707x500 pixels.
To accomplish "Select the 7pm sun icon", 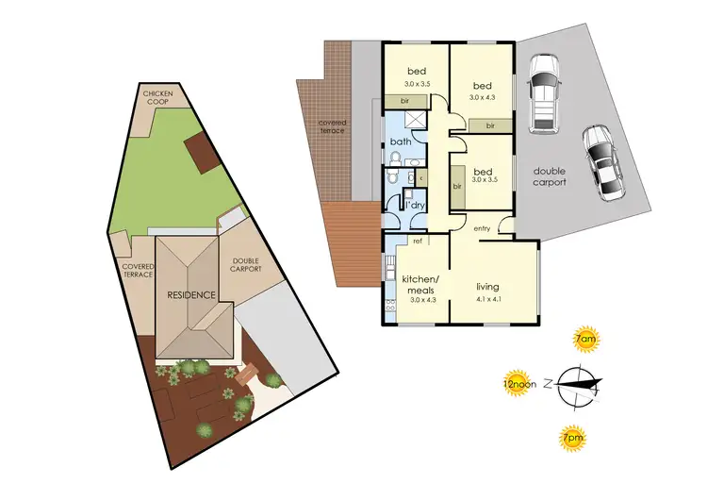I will tap(571, 437).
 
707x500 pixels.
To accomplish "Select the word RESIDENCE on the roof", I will tap(192, 295).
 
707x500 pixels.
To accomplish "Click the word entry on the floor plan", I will tap(483, 228).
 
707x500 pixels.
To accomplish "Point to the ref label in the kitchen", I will tap(417, 242).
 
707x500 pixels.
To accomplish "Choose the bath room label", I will tap(400, 143).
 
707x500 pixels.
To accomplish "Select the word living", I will tap(487, 287).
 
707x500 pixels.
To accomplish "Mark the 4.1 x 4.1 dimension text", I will tap(487, 301).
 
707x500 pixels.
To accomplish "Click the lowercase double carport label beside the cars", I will tap(550, 176).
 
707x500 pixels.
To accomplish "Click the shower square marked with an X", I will tap(414, 120).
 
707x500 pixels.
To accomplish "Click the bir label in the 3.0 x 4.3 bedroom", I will tap(491, 125).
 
